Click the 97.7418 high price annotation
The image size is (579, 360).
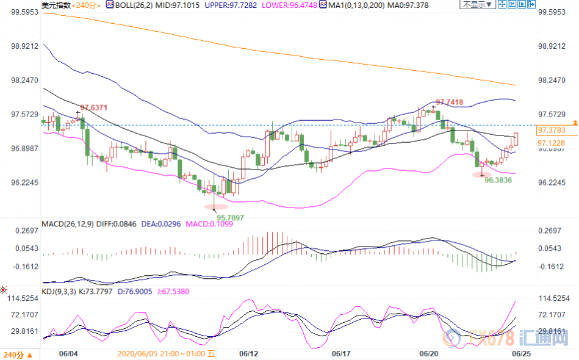pyautogui.click(x=449, y=102)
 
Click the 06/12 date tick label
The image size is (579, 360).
pyautogui.click(x=247, y=353)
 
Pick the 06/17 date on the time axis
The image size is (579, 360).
pyautogui.click(x=340, y=353)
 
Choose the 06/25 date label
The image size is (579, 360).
pyautogui.click(x=520, y=353)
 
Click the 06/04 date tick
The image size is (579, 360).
pyautogui.click(x=67, y=353)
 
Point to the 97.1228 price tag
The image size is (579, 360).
pyautogui.click(x=551, y=142)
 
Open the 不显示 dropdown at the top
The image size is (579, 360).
pyautogui.click(x=475, y=5)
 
